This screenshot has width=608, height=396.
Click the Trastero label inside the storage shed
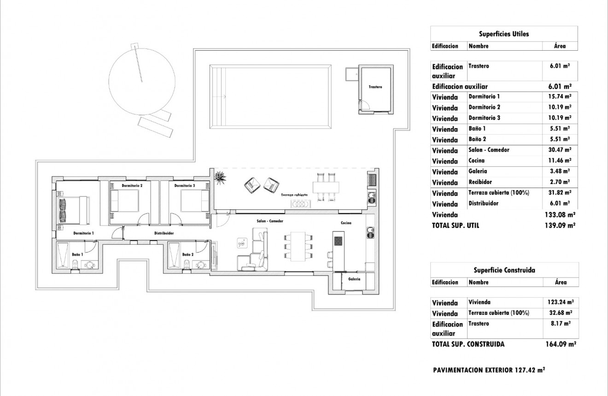375,87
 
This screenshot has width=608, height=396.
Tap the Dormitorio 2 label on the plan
132,186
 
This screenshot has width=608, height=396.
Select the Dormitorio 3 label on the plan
185,186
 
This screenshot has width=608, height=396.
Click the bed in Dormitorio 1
73,211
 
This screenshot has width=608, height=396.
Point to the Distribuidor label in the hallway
164,233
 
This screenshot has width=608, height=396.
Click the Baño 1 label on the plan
77,254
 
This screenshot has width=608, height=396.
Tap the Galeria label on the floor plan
354,279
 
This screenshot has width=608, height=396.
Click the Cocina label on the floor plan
346,223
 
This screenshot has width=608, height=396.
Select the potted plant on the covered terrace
221,177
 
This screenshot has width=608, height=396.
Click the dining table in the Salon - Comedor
299,246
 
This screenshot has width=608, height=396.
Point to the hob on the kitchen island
338,241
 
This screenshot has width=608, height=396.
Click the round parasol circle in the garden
142,82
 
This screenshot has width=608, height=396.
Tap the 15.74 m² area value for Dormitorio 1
560,97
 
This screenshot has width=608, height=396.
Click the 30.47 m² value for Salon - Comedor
560,150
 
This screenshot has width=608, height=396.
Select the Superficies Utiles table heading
504,34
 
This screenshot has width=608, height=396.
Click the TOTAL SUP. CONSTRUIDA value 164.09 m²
560,344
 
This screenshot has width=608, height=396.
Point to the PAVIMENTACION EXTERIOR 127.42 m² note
489,370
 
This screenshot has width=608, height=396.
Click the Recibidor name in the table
479,182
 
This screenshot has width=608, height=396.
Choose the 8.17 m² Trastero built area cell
561,324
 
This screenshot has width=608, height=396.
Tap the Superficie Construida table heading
504,271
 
